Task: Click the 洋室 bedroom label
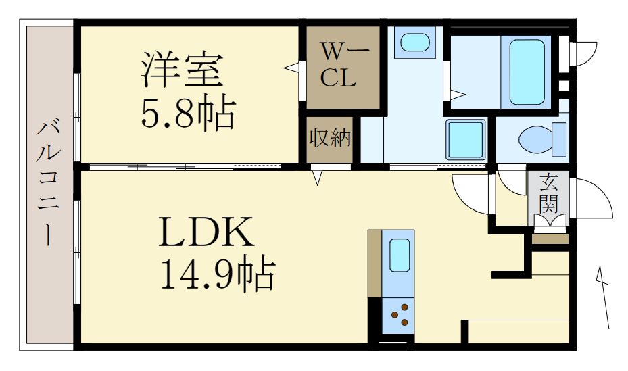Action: pos(182,70)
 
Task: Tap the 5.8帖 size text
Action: pos(187,113)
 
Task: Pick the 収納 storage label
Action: pos(329,138)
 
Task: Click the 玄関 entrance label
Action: pos(548,192)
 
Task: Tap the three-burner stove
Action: pos(400,314)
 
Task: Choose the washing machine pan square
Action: pos(466,141)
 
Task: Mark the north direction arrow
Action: pos(602,297)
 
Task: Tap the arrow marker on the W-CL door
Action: pos(291,67)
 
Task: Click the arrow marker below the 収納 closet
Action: pos(318,178)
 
